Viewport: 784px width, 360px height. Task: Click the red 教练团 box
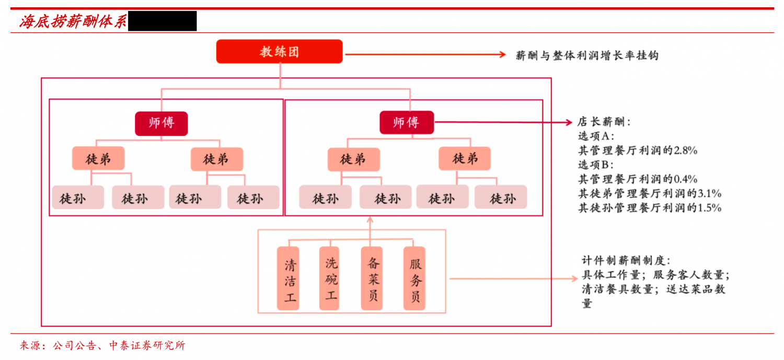(280, 52)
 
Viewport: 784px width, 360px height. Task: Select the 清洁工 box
(289, 278)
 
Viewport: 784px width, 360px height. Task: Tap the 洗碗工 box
(329, 278)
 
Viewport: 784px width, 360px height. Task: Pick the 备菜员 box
(372, 278)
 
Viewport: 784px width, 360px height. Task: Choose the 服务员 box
(414, 278)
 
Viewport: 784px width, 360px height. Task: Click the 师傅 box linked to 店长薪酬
(407, 123)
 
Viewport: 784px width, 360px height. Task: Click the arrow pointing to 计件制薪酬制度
(512, 278)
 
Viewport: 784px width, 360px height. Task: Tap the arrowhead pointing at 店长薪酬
(569, 123)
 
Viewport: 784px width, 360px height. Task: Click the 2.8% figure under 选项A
(686, 151)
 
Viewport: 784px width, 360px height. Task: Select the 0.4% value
(686, 179)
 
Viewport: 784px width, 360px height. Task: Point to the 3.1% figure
(709, 194)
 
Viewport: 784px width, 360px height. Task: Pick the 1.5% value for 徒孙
(709, 208)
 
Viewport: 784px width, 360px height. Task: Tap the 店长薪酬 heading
(604, 122)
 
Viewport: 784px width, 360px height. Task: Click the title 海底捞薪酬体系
(73, 22)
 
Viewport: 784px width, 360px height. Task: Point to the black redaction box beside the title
(162, 21)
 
